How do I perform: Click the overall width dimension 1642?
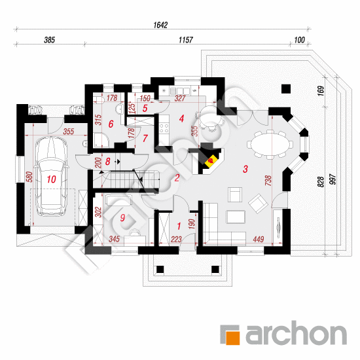click(160, 25)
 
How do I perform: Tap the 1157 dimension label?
click(186, 40)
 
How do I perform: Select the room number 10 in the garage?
click(51, 179)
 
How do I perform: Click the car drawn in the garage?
click(52, 176)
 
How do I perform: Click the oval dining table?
click(270, 145)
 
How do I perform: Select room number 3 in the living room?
click(245, 169)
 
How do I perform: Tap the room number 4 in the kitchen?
click(181, 118)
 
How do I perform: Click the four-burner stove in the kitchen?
click(164, 128)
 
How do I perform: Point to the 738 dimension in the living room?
click(268, 181)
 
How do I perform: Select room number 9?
click(122, 218)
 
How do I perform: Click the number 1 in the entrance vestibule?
click(179, 226)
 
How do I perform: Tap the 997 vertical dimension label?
click(333, 179)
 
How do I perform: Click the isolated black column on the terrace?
click(286, 89)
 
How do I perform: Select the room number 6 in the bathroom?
click(111, 124)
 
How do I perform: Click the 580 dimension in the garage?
click(29, 177)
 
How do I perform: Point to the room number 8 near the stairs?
click(108, 162)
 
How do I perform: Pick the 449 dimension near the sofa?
click(259, 240)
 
